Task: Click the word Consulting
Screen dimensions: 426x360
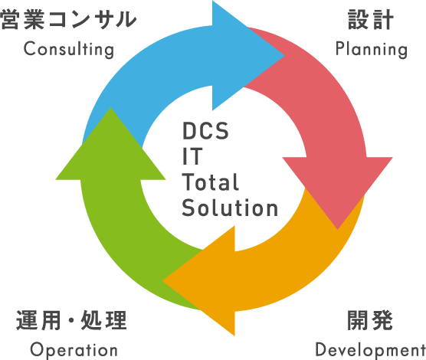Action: click(x=69, y=50)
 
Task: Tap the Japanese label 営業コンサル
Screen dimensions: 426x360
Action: click(x=68, y=19)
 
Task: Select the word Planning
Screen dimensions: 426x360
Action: click(x=372, y=50)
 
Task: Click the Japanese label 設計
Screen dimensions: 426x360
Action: click(x=371, y=19)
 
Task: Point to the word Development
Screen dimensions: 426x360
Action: click(x=370, y=350)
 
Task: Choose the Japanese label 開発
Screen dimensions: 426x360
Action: click(x=370, y=320)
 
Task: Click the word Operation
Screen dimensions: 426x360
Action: click(x=74, y=350)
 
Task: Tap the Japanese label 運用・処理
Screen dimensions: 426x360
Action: click(x=71, y=320)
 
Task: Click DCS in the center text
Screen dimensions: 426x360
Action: click(x=205, y=131)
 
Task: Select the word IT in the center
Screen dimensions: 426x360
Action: click(x=192, y=156)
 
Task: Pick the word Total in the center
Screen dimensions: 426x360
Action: click(x=211, y=182)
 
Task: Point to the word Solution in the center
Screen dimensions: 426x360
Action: click(x=230, y=208)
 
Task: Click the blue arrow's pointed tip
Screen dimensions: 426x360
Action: click(x=284, y=56)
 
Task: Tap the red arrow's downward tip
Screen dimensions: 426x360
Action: click(x=338, y=230)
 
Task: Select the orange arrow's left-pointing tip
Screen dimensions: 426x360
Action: click(x=162, y=281)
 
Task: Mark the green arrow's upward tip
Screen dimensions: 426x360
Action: click(x=110, y=107)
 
